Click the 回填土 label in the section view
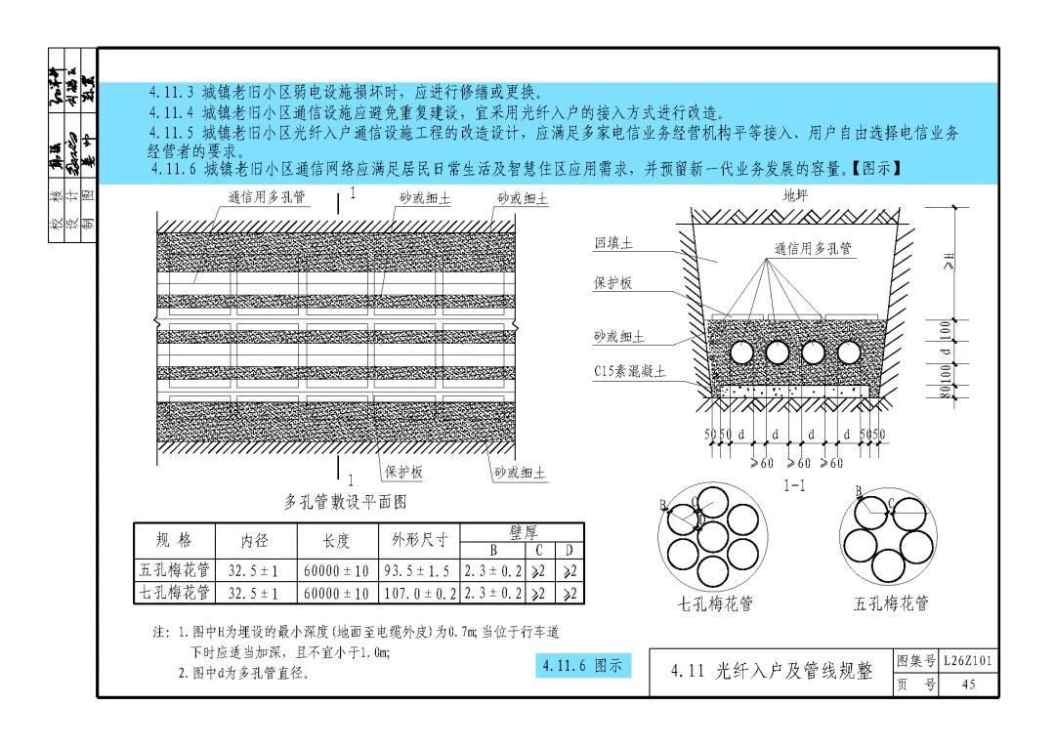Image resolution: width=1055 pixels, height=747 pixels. coord(613,243)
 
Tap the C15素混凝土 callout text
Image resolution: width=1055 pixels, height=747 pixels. coord(629,371)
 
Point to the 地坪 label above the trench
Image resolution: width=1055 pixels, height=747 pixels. coord(796,195)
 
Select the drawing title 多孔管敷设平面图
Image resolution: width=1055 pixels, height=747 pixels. coord(345,502)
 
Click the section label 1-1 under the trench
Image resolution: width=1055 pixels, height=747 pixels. coord(793,485)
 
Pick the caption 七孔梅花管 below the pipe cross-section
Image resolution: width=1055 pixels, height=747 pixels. coord(715,603)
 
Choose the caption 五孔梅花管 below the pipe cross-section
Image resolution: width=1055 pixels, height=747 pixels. coord(890,603)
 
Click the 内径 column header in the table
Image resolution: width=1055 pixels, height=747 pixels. coord(254,540)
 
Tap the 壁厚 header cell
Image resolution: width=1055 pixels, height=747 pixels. coord(523,531)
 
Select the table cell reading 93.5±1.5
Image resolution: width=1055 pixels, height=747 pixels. coord(416,570)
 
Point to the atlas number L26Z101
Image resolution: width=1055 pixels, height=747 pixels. coord(968,662)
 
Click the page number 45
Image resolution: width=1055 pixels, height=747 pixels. coord(968,685)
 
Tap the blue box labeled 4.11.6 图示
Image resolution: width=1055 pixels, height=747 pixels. coord(582,666)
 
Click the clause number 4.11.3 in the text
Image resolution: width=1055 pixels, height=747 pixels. coord(172,93)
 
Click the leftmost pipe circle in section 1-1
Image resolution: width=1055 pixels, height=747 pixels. coord(741,353)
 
